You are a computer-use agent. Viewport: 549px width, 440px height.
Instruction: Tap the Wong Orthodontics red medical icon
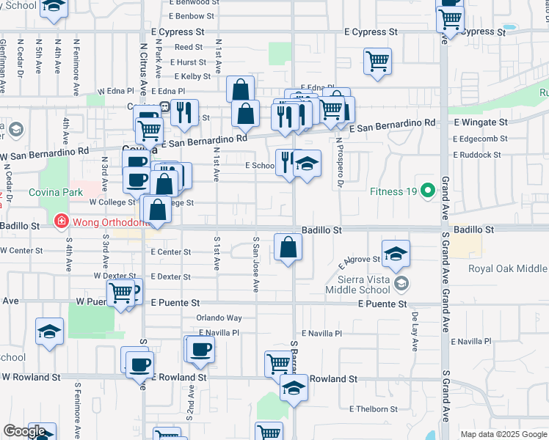point(61,220)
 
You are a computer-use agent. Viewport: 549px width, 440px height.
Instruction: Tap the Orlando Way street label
point(219,318)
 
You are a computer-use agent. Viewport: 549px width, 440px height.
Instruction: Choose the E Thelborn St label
point(374,409)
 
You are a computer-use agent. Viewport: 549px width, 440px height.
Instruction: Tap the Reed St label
point(183,47)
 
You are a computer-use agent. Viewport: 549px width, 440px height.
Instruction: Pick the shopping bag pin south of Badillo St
point(288,248)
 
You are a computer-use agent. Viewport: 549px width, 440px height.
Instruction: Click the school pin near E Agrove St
point(396,253)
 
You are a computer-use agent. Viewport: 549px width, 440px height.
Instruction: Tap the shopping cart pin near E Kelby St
point(377,62)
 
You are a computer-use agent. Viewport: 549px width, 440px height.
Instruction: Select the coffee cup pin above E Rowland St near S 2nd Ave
point(200,350)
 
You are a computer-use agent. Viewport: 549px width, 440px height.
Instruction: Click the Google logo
point(24,431)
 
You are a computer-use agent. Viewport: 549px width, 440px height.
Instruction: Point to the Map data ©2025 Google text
point(503,434)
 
